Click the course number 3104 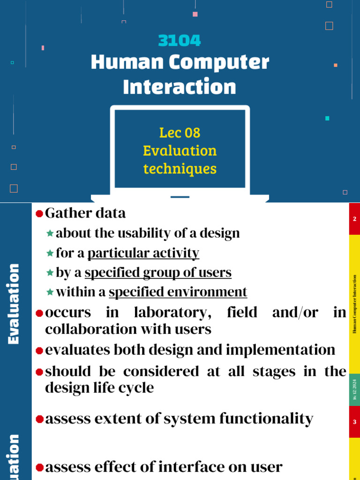tap(180, 41)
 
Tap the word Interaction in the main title tap(180, 87)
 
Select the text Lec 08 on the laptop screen tap(180, 133)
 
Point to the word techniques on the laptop tap(180, 169)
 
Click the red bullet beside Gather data tap(39, 214)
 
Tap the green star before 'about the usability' tap(50, 233)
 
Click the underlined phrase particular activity tap(143, 253)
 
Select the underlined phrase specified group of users tap(158, 272)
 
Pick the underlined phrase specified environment tap(178, 292)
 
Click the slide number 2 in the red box tap(354, 219)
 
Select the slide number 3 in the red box tap(354, 422)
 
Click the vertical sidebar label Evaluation tap(14, 304)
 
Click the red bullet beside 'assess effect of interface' tap(39, 467)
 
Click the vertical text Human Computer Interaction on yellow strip tap(354, 305)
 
